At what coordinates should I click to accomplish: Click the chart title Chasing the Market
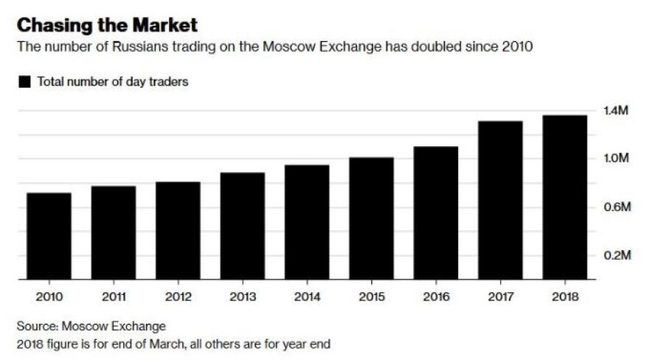click(x=107, y=26)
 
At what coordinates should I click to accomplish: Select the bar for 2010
click(x=49, y=236)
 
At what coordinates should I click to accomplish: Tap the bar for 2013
click(x=242, y=226)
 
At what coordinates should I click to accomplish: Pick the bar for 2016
click(x=435, y=213)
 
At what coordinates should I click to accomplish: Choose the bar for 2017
click(x=500, y=200)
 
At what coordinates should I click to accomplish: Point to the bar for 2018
click(x=565, y=197)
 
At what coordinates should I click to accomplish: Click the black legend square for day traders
click(x=24, y=83)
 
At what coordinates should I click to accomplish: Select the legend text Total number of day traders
click(x=113, y=82)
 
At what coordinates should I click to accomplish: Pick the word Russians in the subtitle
click(x=142, y=47)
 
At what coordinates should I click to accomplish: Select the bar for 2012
click(x=178, y=230)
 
